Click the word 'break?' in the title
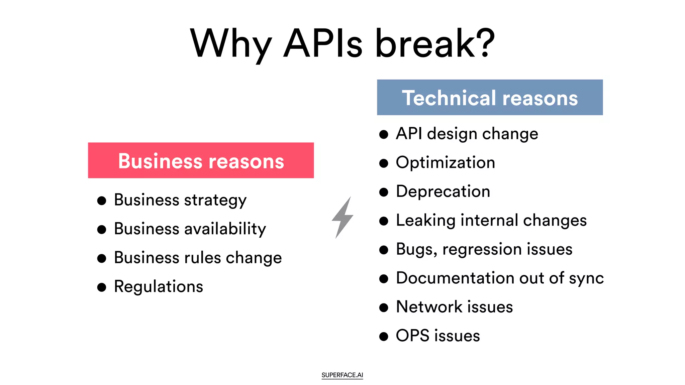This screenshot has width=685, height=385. click(435, 43)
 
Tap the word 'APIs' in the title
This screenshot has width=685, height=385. click(323, 43)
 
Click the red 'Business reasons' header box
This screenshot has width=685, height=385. click(201, 160)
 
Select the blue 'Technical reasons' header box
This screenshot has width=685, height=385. click(490, 98)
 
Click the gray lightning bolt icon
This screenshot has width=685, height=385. click(342, 217)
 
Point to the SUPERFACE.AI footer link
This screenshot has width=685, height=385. click(342, 375)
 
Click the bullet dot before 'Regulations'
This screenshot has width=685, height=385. click(102, 287)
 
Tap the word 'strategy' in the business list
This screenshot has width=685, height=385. click(215, 201)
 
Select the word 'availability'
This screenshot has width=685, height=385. click(225, 229)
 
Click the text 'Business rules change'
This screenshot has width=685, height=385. click(198, 258)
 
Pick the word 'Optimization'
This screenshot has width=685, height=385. click(445, 163)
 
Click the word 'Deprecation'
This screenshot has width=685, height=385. click(443, 191)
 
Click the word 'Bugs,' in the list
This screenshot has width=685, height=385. click(416, 250)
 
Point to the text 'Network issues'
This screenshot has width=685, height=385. click(454, 307)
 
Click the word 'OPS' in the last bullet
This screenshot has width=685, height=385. click(412, 336)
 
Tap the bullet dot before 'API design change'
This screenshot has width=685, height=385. click(384, 134)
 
